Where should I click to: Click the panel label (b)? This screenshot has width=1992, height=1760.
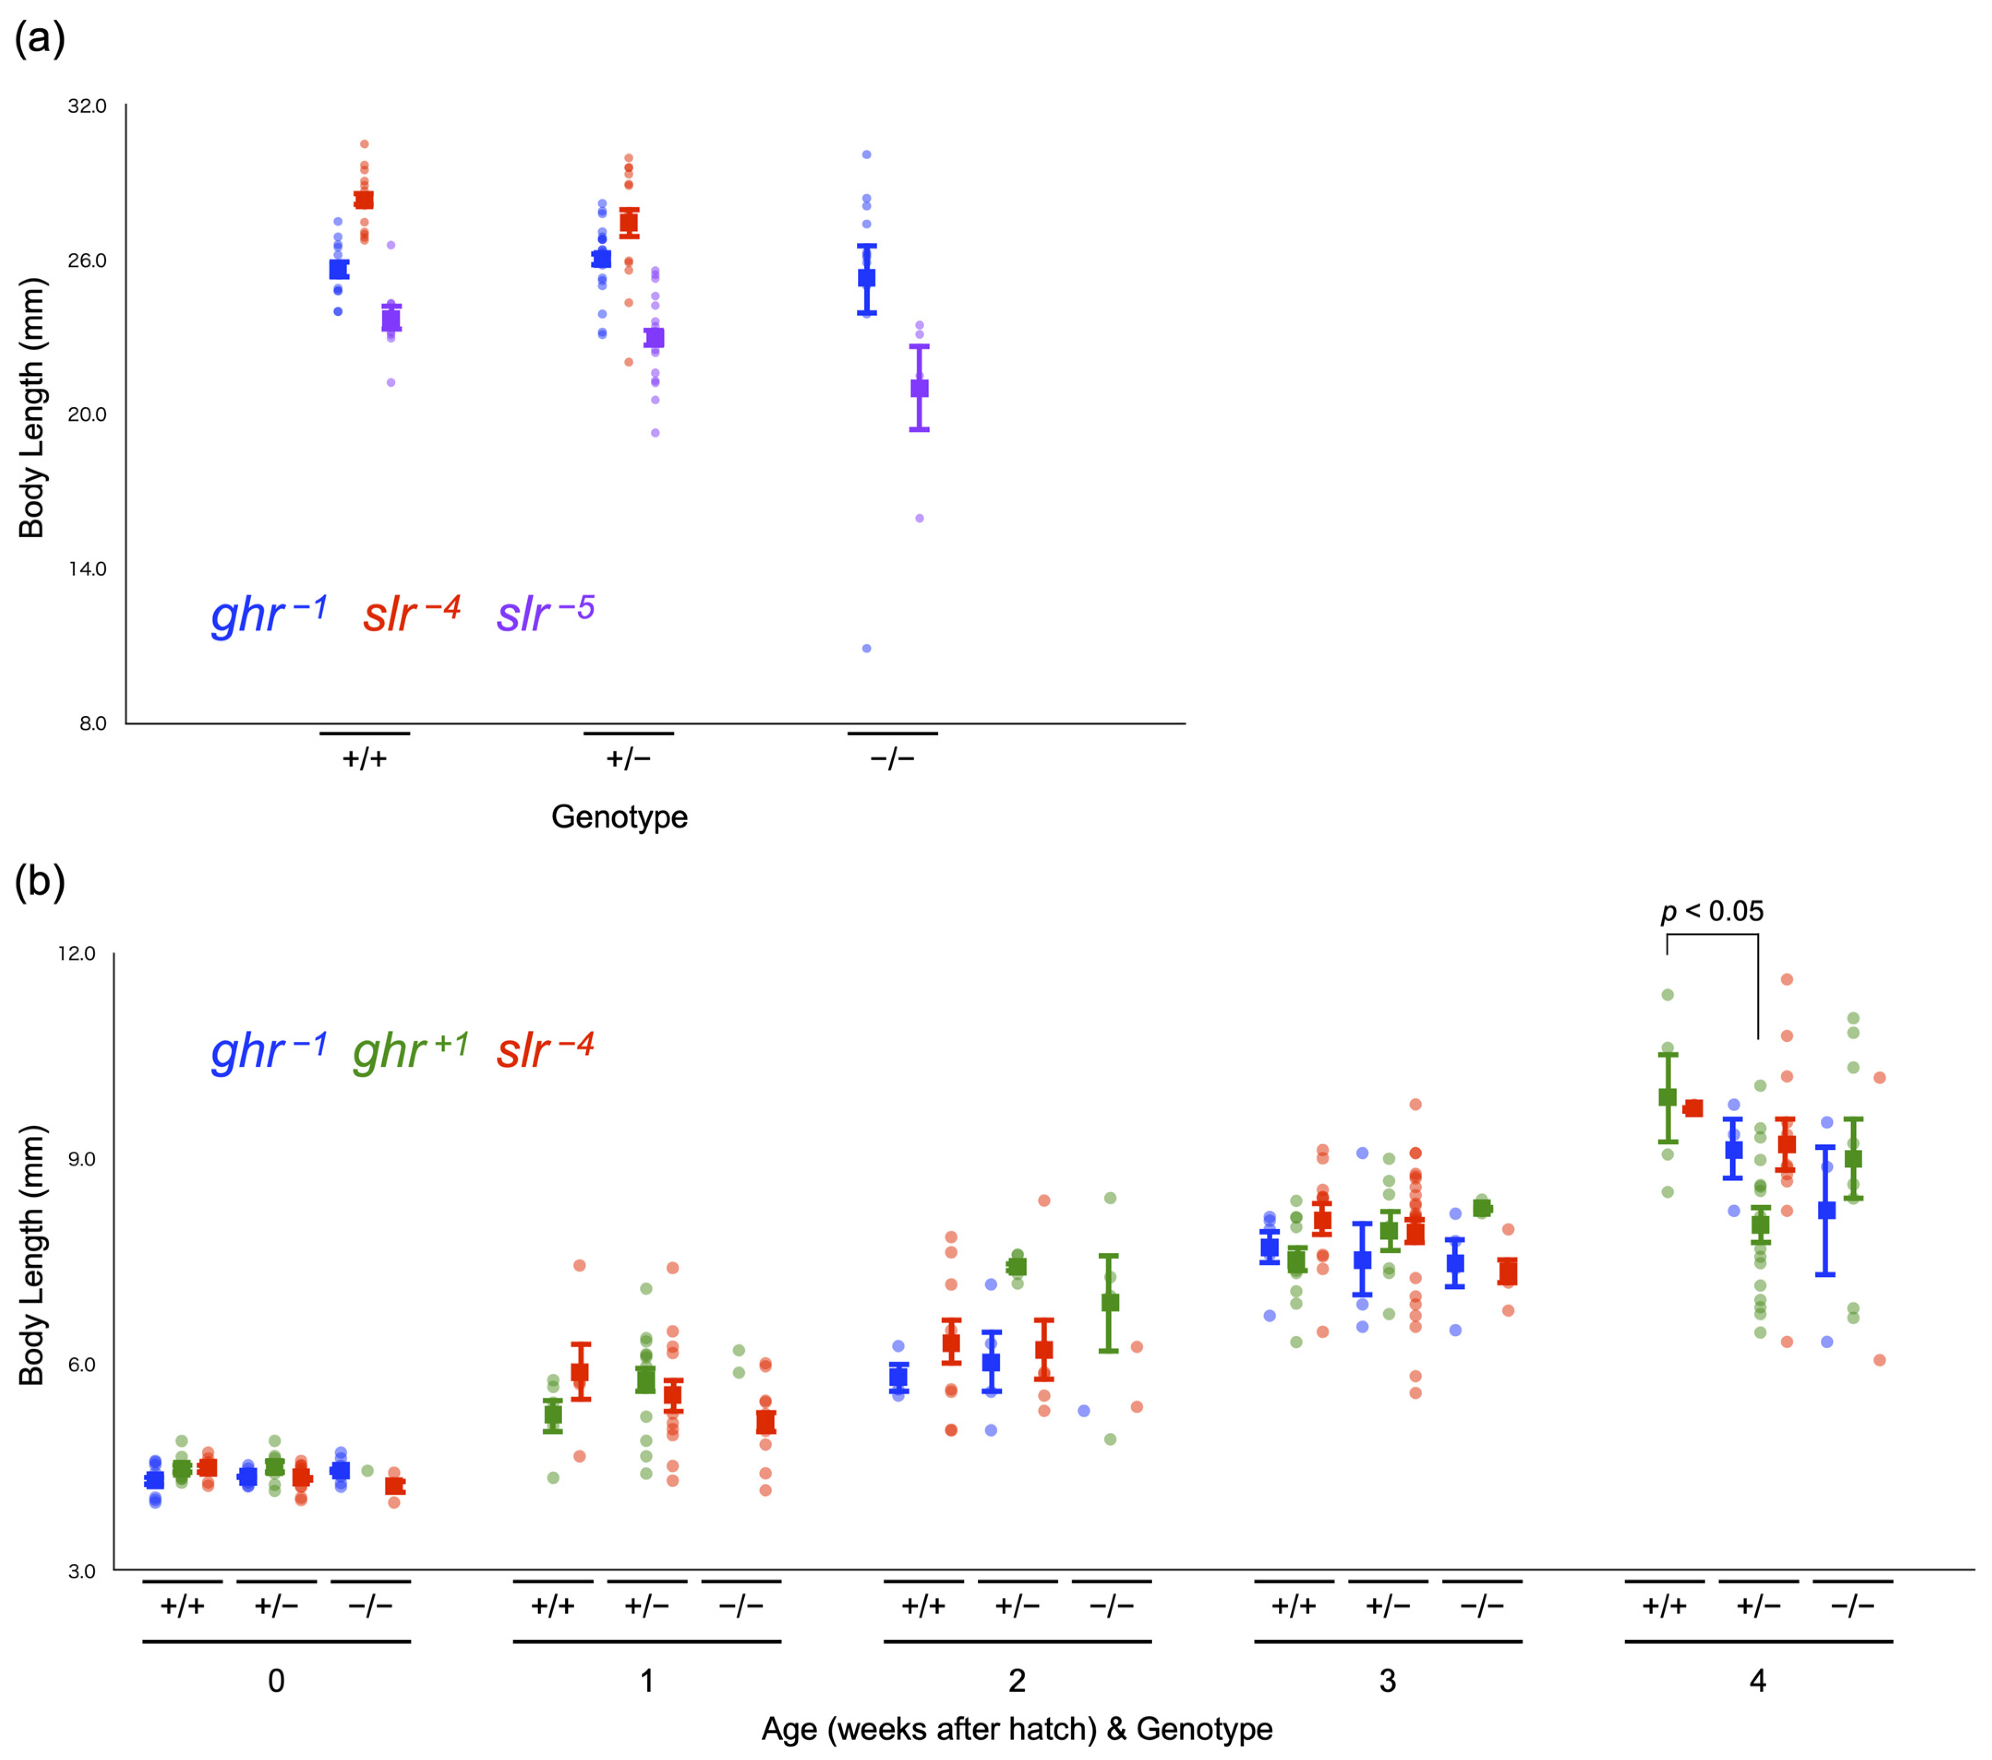pyautogui.click(x=39, y=882)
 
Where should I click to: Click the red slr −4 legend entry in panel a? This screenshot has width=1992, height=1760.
pyautogui.click(x=411, y=613)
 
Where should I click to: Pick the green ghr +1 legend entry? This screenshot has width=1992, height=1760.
pyautogui.click(x=410, y=1051)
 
